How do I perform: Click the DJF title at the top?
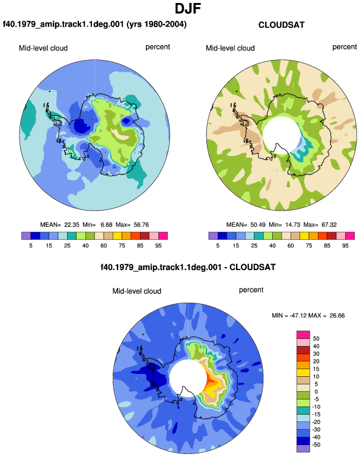pos(188,8)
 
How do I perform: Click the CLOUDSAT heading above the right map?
pos(281,25)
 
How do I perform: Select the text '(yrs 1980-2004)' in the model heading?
pos(157,24)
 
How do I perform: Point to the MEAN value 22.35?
pos(72,225)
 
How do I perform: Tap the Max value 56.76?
pos(141,225)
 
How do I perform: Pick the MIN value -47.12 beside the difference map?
pos(298,316)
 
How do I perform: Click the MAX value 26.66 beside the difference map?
pos(337,316)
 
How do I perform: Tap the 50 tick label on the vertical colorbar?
pos(316,339)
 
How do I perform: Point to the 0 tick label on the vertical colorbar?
pos(316,392)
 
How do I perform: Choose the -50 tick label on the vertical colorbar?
pos(316,445)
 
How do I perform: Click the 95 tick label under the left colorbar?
pos(158,246)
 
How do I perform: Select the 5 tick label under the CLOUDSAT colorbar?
pos(218,246)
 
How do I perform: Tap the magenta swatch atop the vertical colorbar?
pos(303,335)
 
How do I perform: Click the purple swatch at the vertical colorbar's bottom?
pos(303,449)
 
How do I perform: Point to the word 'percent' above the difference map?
pos(251,290)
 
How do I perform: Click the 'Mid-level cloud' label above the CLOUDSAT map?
pos(230,48)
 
